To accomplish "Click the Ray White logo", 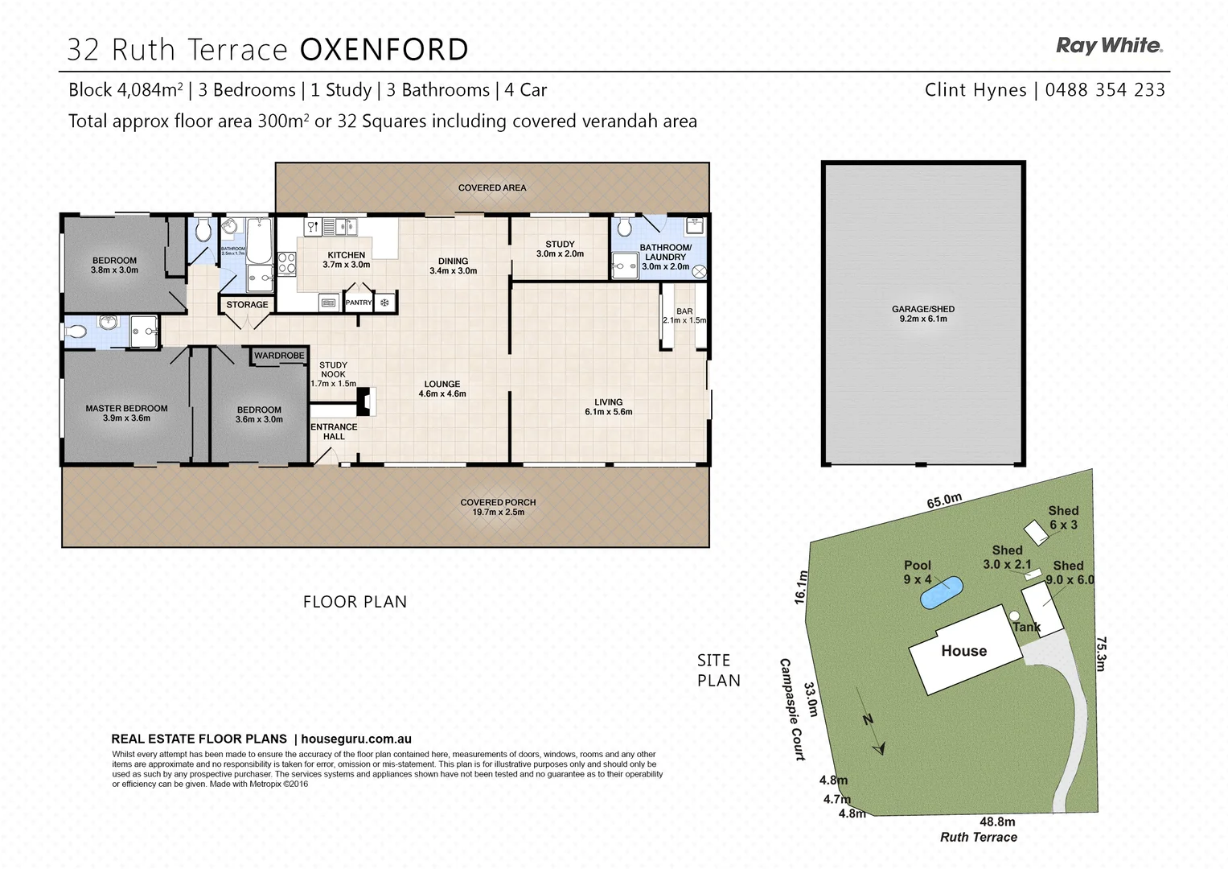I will pos(1109,46).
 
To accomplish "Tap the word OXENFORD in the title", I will pos(384,50).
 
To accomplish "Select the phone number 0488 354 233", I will pos(1105,90).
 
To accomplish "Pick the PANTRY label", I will pos(359,303).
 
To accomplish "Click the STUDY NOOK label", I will pos(333,370).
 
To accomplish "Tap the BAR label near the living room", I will pos(684,311).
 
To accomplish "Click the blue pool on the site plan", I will pos(941,594).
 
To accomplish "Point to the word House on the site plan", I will pos(963,651).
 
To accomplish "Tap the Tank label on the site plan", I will pos(1026,627).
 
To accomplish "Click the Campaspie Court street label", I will pos(791,709).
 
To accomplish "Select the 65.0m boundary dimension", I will pos(944,500).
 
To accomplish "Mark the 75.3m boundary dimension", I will pos(1102,653).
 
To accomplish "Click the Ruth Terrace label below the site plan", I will pos(978,838).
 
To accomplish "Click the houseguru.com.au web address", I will pos(356,739).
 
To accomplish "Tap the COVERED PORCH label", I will pos(498,502).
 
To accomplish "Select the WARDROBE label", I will pos(279,356).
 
